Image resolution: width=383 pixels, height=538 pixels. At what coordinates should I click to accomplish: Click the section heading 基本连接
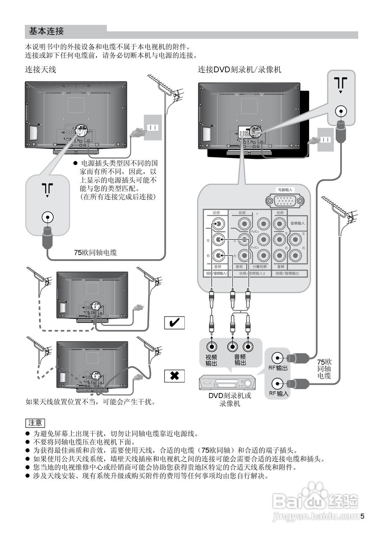(46, 31)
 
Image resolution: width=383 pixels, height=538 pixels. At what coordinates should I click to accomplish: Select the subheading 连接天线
(40, 70)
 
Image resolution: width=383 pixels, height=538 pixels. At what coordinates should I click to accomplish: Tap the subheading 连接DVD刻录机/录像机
(239, 70)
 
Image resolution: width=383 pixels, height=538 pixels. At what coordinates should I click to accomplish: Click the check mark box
(174, 323)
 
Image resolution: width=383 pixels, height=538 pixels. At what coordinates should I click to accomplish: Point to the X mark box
(174, 376)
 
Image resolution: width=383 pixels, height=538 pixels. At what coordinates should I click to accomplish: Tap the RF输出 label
(278, 368)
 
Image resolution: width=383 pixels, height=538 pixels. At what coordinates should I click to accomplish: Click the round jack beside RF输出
(278, 358)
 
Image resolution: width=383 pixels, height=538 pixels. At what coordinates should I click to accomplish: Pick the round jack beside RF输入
(278, 384)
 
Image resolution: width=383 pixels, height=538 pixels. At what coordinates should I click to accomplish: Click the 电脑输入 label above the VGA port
(285, 190)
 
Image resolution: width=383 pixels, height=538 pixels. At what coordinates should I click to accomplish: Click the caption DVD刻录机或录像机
(230, 399)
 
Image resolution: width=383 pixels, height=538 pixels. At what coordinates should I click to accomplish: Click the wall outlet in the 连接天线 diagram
(153, 127)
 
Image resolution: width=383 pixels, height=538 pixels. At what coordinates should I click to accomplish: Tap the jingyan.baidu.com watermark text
(315, 516)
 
